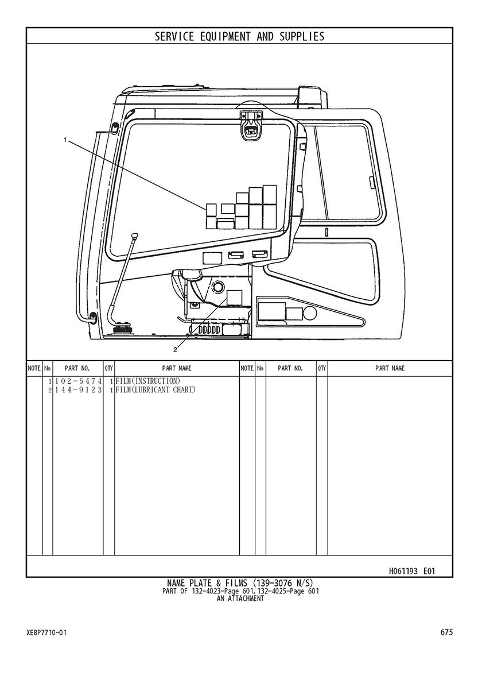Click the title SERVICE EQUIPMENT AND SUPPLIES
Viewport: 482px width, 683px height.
[239, 37]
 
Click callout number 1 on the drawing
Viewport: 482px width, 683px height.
[66, 140]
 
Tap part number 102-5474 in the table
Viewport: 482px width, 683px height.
[77, 381]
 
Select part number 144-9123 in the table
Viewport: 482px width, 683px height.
[77, 390]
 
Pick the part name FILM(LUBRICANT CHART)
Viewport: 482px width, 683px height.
[156, 390]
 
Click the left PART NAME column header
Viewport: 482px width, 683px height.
[177, 368]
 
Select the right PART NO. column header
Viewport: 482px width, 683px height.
[290, 368]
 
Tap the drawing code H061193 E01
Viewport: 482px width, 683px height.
[412, 571]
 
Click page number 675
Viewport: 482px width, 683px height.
[447, 632]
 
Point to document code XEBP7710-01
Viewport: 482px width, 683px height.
[46, 633]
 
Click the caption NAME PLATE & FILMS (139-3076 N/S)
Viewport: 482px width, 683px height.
[239, 583]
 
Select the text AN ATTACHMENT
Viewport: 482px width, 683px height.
[240, 599]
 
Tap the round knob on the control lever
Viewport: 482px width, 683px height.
[135, 236]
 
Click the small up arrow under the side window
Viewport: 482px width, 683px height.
[326, 231]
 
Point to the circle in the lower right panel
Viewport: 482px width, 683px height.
[310, 314]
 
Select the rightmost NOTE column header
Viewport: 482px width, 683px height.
[247, 368]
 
